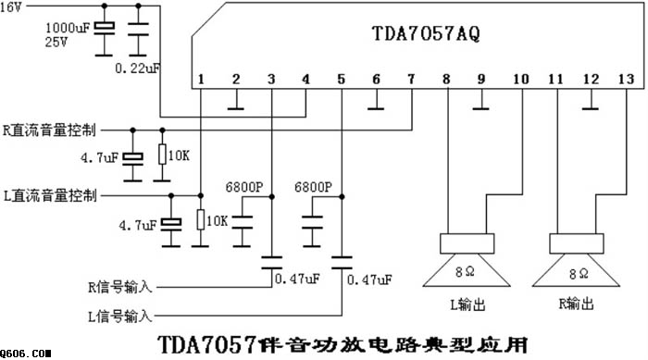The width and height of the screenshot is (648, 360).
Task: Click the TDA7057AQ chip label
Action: pyautogui.click(x=426, y=33)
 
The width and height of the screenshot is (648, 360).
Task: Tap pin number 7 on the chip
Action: pyautogui.click(x=411, y=79)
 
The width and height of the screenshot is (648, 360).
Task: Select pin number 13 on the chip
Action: pyautogui.click(x=626, y=79)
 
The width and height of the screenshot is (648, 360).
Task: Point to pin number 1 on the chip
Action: pyautogui.click(x=201, y=79)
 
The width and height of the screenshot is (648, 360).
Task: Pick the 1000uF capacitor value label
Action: pyautogui.click(x=68, y=28)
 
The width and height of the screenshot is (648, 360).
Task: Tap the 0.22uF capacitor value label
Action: pyautogui.click(x=137, y=68)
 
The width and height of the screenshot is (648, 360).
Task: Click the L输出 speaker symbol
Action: pyautogui.click(x=467, y=260)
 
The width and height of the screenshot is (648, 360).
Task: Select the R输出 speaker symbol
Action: pyautogui.click(x=576, y=260)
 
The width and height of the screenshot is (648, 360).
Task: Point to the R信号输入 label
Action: pyautogui.click(x=119, y=287)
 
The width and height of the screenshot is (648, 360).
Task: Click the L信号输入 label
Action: pyautogui.click(x=119, y=317)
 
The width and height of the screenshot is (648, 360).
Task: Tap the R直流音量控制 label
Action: pyautogui.click(x=49, y=130)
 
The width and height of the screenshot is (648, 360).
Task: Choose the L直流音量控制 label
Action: pyautogui.click(x=50, y=195)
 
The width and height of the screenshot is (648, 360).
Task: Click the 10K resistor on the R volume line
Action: pyautogui.click(x=162, y=155)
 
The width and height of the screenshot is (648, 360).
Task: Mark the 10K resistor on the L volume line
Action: pyautogui.click(x=201, y=219)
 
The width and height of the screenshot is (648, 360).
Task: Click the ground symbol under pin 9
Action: pyautogui.click(x=480, y=108)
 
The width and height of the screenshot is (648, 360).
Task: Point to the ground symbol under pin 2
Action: pyautogui.click(x=235, y=108)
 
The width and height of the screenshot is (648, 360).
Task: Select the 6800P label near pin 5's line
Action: pyautogui.click(x=313, y=187)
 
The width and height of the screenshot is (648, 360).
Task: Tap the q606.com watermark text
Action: pyautogui.click(x=25, y=354)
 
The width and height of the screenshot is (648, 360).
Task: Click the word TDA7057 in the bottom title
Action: pyautogui.click(x=206, y=344)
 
